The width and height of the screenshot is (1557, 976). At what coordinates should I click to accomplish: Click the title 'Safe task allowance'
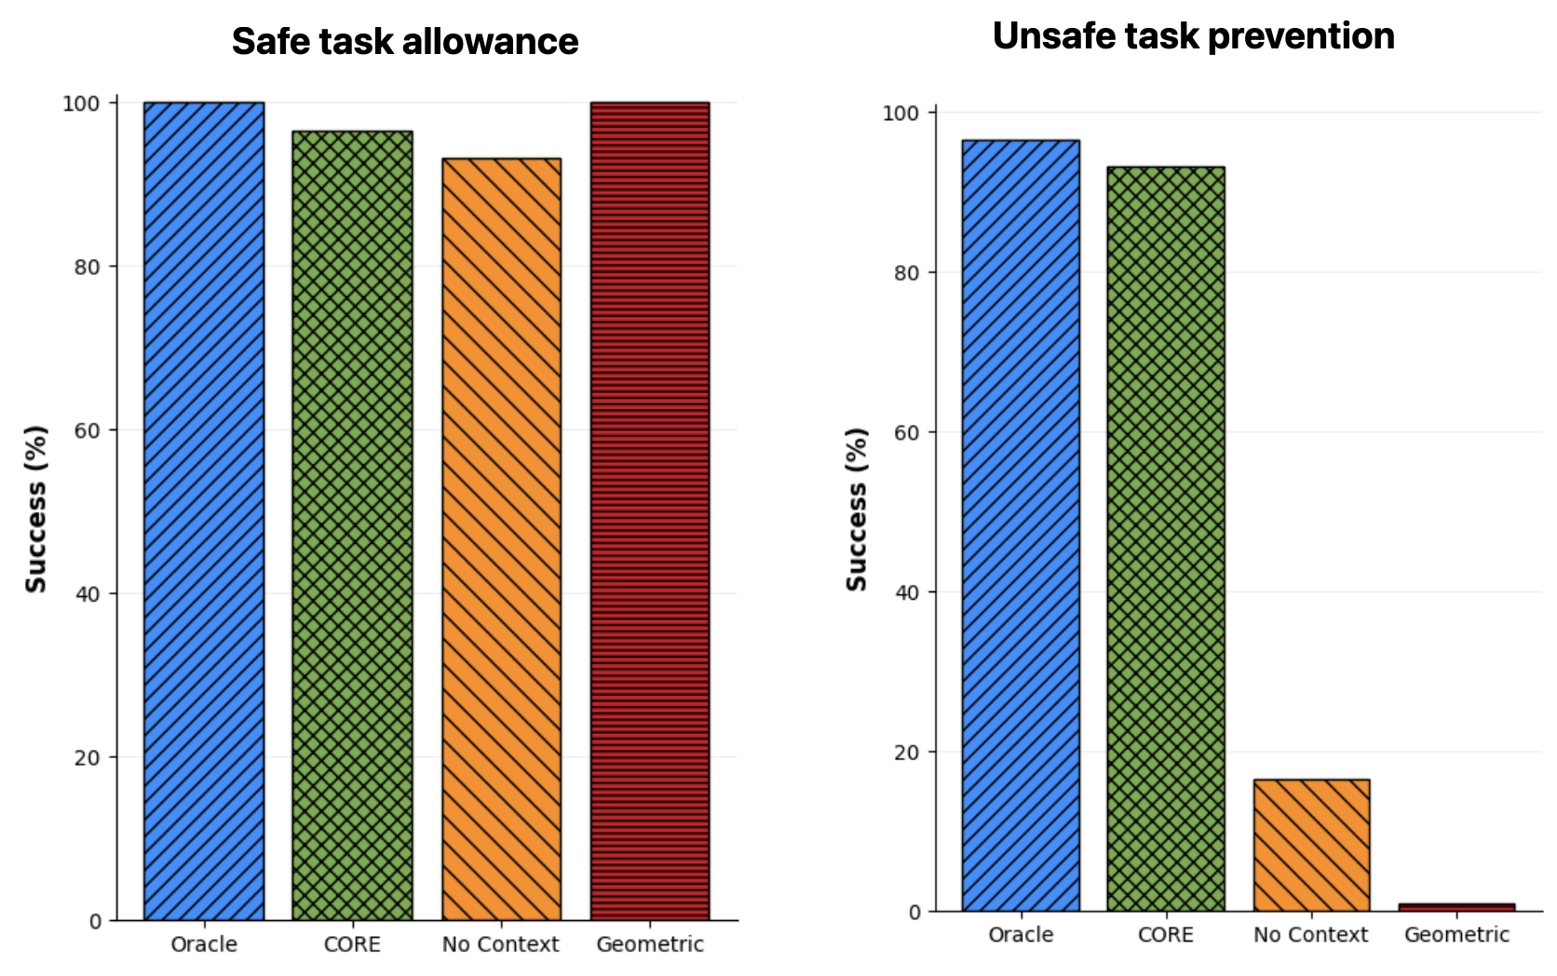(x=405, y=42)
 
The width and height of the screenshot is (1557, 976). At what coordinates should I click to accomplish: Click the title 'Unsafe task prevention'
(x=1193, y=36)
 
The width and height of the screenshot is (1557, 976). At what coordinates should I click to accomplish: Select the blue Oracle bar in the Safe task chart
(x=204, y=511)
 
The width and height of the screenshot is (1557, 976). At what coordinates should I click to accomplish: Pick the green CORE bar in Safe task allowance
(x=352, y=526)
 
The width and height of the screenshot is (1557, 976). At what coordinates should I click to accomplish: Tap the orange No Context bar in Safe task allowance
(x=501, y=539)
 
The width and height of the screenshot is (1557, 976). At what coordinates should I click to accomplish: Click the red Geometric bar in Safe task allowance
(x=650, y=511)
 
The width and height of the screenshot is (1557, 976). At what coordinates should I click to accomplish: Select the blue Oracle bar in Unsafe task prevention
(x=1021, y=525)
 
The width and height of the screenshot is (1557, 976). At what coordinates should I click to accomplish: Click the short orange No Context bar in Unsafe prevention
(x=1311, y=845)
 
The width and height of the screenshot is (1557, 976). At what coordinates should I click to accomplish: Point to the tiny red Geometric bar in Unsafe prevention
(x=1456, y=906)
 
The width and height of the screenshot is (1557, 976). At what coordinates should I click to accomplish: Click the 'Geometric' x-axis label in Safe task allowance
(x=650, y=944)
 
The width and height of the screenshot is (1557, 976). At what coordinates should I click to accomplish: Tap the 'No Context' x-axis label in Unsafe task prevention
(x=1310, y=935)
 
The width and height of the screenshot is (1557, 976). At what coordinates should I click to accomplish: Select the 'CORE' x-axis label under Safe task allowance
(x=352, y=944)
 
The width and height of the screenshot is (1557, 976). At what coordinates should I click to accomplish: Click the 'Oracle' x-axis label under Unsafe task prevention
(x=1021, y=935)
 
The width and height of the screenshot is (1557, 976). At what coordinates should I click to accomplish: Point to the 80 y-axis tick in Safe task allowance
(x=88, y=266)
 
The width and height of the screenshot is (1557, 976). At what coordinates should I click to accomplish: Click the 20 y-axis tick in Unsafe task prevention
(x=907, y=752)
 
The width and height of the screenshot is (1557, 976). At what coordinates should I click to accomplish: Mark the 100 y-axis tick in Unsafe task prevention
(x=900, y=113)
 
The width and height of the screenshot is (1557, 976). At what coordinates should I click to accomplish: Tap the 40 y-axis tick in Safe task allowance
(x=88, y=594)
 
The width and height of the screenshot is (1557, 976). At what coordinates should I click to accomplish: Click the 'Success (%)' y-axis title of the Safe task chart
(x=35, y=509)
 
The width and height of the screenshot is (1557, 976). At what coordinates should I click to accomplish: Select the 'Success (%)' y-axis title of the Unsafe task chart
(x=856, y=509)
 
